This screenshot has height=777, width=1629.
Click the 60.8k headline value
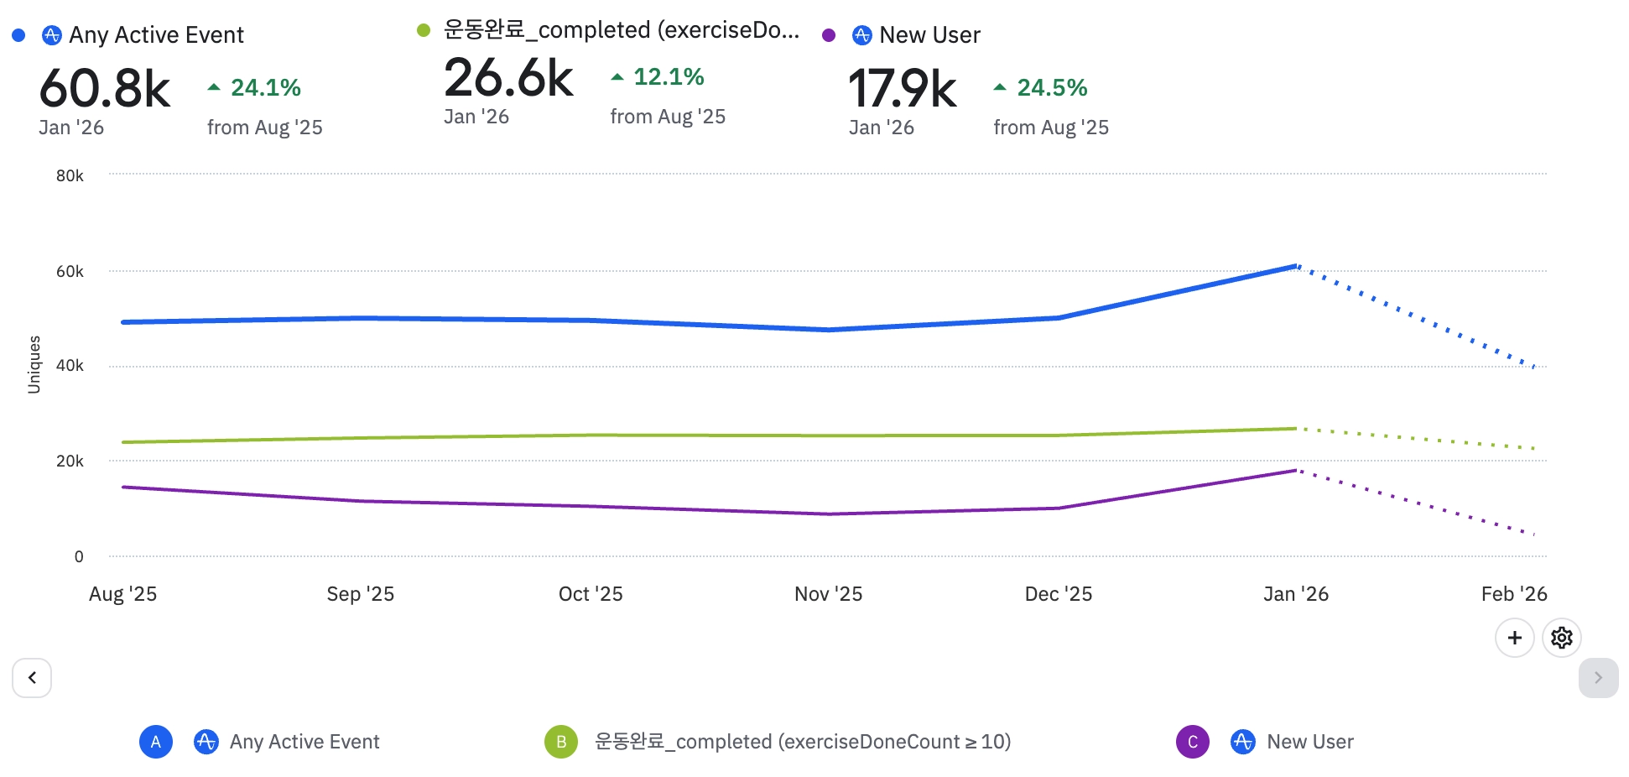pyautogui.click(x=105, y=89)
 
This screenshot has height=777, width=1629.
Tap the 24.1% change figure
pyautogui.click(x=265, y=87)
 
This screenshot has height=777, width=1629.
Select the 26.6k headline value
pyautogui.click(x=508, y=78)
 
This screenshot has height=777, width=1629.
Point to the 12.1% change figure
pyautogui.click(x=668, y=76)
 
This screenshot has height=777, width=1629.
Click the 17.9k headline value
pyautogui.click(x=903, y=89)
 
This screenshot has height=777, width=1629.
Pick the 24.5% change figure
pyautogui.click(x=1051, y=87)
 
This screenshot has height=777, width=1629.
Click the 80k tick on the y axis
pyautogui.click(x=70, y=175)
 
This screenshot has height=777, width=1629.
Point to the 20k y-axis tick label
pyautogui.click(x=70, y=461)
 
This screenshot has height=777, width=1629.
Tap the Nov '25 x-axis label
pyautogui.click(x=828, y=594)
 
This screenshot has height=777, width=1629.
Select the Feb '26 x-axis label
pyautogui.click(x=1513, y=594)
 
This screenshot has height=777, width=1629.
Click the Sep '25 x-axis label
pyautogui.click(x=360, y=594)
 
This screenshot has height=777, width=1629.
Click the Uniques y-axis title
pyautogui.click(x=34, y=365)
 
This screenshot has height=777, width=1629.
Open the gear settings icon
pyautogui.click(x=1561, y=639)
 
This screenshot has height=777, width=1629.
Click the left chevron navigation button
pyautogui.click(x=32, y=678)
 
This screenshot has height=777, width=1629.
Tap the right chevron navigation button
pyautogui.click(x=1598, y=678)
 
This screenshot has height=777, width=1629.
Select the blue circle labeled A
pyautogui.click(x=156, y=742)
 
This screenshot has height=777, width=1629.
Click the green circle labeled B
pyautogui.click(x=561, y=742)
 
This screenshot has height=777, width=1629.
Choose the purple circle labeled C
pyautogui.click(x=1192, y=742)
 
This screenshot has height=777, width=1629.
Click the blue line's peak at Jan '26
pyautogui.click(x=1296, y=266)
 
